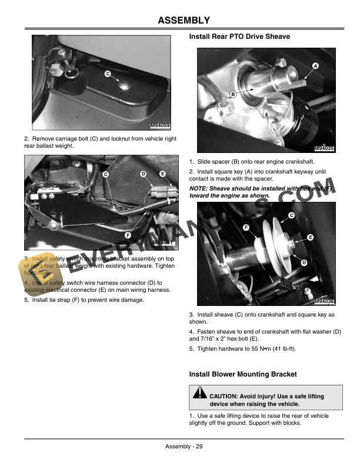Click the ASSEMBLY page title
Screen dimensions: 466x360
coord(184,21)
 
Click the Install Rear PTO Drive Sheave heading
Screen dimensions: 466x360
coord(239,36)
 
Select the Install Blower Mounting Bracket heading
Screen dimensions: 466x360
coord(243,374)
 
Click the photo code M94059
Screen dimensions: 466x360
coord(161,125)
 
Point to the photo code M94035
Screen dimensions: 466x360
coord(324,149)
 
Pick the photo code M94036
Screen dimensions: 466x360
coord(324,301)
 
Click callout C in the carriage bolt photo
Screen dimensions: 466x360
coord(108,74)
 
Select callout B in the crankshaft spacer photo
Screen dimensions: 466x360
coord(233,94)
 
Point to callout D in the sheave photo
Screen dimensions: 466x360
coord(304,262)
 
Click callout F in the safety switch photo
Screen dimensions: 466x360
coord(128,235)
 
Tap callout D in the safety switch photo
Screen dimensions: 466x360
coord(143,174)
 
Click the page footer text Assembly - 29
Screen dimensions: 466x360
coord(184,446)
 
